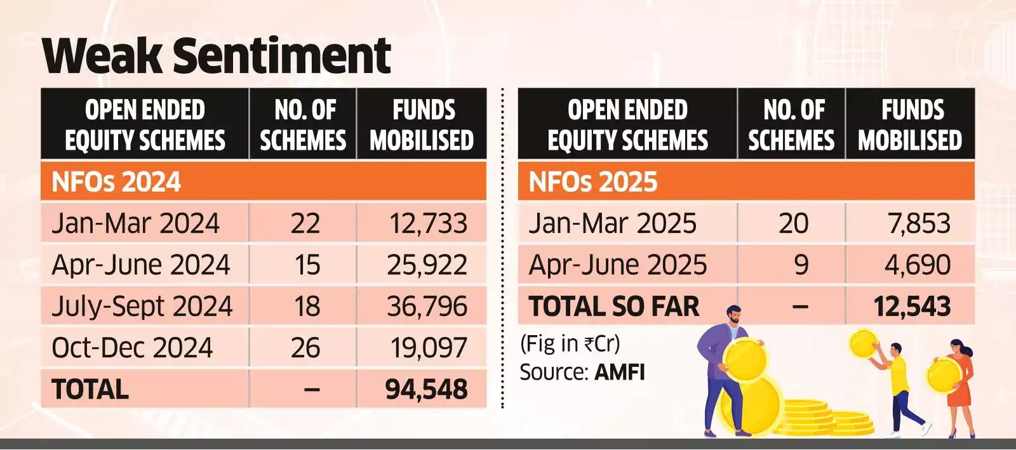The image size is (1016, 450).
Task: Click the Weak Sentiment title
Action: pos(216,55)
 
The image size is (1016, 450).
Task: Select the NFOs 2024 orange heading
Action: pos(116,182)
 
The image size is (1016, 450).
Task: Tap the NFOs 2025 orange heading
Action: pos(593,182)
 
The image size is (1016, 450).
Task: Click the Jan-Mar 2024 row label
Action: pos(135,223)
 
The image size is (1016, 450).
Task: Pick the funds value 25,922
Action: pos(427,265)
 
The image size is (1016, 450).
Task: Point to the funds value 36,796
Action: pos(427,307)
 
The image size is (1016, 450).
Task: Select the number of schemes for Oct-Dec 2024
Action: pos(305,348)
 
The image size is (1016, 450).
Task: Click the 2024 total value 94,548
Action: pos(426,389)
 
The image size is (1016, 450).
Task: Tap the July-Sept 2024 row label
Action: pos(142,307)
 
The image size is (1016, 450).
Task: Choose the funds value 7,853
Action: pos(918,223)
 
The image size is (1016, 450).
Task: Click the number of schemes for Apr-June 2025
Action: pos(801,265)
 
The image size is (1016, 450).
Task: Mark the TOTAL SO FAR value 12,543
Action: pos(912,307)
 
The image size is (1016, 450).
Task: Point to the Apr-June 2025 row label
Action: pos(617,265)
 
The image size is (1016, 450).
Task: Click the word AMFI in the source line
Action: pos(619,372)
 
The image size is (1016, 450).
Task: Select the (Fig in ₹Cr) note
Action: pos(570,344)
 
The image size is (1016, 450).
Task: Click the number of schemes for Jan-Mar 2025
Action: pos(794,223)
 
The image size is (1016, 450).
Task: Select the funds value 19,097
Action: pos(429,348)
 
